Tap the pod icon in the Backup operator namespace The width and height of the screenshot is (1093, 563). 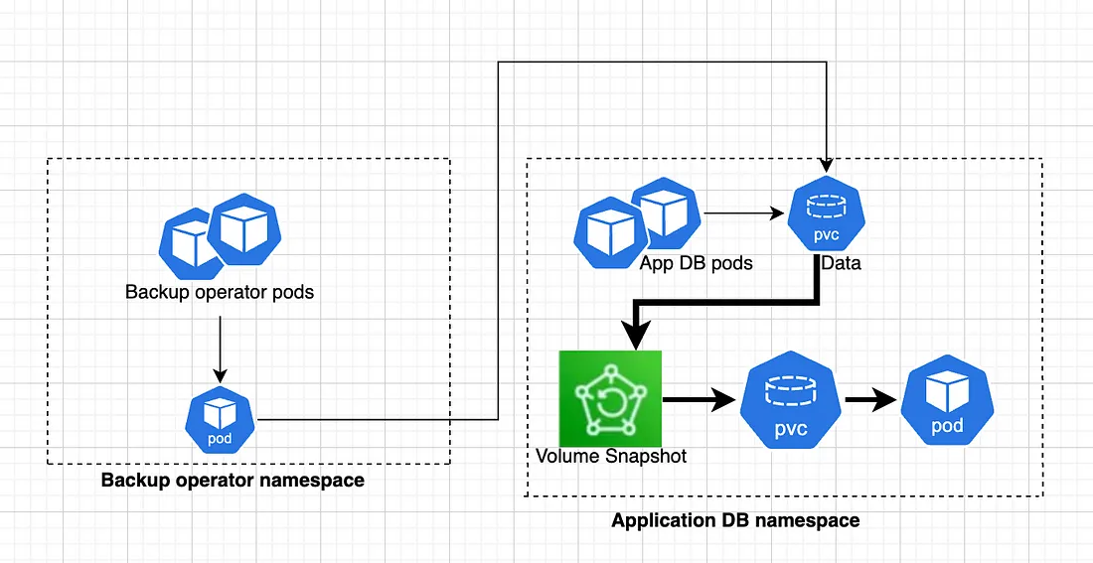(221, 420)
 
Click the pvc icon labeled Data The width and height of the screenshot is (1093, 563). (826, 216)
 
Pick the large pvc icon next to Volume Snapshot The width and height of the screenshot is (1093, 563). (791, 400)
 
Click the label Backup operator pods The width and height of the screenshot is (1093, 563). (220, 291)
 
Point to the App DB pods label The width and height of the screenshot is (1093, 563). (697, 263)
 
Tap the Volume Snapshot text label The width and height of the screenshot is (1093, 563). (611, 457)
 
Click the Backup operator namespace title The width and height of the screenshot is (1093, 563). (233, 480)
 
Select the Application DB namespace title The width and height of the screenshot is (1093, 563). (735, 520)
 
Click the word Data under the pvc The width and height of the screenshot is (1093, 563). (841, 263)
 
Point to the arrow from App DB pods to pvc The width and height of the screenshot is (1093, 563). (744, 213)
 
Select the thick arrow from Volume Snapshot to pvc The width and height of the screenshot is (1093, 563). (700, 400)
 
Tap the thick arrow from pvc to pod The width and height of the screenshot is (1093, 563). (870, 400)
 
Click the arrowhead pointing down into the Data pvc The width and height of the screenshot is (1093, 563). (826, 166)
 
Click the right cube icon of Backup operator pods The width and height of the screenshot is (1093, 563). (244, 229)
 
